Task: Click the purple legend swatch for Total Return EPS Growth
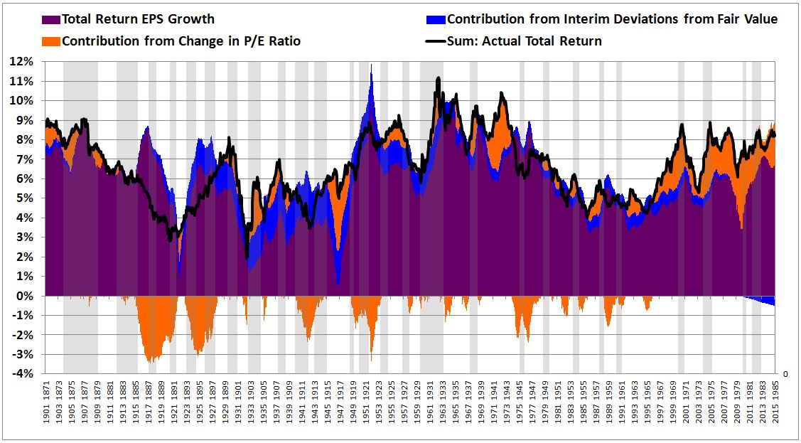pyautogui.click(x=51, y=19)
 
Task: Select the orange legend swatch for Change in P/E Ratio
pyautogui.click(x=51, y=41)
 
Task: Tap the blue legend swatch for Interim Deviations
pyautogui.click(x=436, y=19)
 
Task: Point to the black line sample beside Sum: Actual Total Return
pyautogui.click(x=436, y=41)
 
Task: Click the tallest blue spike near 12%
pyautogui.click(x=371, y=66)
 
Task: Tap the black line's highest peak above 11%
pyautogui.click(x=438, y=78)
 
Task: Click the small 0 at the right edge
pyautogui.click(x=785, y=373)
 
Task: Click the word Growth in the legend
pyautogui.click(x=190, y=19)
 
